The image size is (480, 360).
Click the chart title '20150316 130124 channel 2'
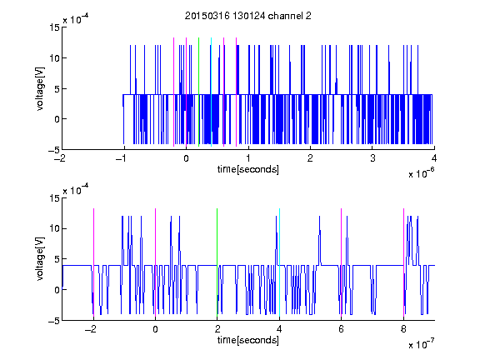(x=248, y=16)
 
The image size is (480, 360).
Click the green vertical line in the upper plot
(x=198, y=92)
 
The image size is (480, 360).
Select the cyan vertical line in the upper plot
(x=211, y=92)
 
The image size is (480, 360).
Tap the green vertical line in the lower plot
(x=217, y=262)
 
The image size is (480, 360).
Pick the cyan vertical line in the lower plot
(x=279, y=262)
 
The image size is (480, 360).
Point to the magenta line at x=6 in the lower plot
(x=342, y=262)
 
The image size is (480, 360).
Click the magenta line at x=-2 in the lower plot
(x=93, y=262)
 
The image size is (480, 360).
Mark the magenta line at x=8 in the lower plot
(x=404, y=262)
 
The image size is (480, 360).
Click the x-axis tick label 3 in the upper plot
(x=372, y=158)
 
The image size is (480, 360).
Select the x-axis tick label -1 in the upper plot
(x=122, y=158)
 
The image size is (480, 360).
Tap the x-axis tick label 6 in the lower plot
(x=342, y=329)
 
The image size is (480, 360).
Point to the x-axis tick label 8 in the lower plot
(x=403, y=329)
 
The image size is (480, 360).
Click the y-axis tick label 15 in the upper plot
(x=55, y=27)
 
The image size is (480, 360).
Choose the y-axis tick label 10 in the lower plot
(x=55, y=228)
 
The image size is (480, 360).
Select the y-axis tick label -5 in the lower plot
(x=54, y=321)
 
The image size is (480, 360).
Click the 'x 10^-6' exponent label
(x=421, y=172)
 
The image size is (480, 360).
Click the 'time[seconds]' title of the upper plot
(x=248, y=169)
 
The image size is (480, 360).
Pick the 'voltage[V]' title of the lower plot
(x=40, y=259)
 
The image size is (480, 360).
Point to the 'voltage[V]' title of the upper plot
(x=40, y=88)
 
